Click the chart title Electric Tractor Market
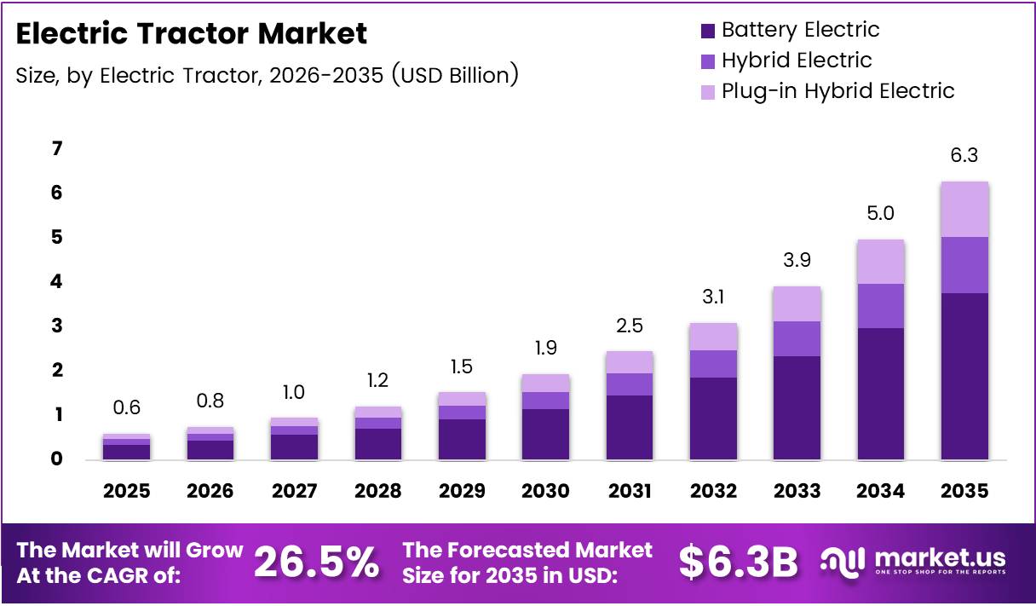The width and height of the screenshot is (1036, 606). [192, 34]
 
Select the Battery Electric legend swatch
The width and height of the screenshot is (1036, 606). [707, 31]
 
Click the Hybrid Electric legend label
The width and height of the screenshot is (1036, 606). [796, 61]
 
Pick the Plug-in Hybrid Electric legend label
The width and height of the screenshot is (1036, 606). [837, 91]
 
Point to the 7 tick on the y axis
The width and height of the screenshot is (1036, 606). [57, 149]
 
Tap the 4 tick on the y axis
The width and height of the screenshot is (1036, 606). [57, 282]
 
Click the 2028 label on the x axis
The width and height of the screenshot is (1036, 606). [377, 491]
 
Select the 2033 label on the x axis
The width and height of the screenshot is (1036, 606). [797, 491]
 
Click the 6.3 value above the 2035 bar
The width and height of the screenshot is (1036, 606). [964, 156]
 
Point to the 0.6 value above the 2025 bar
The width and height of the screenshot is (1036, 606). [127, 408]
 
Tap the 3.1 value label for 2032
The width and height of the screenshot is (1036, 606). [713, 298]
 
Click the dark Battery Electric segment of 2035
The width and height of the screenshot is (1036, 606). [964, 376]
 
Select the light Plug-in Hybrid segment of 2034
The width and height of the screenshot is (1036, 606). [880, 262]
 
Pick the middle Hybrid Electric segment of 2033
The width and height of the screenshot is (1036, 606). [797, 338]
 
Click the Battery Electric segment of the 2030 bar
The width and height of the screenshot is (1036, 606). [545, 434]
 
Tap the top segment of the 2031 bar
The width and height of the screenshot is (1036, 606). [630, 362]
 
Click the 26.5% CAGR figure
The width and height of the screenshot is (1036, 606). [316, 562]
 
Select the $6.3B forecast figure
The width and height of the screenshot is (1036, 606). [739, 562]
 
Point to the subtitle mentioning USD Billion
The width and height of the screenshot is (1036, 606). [267, 75]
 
